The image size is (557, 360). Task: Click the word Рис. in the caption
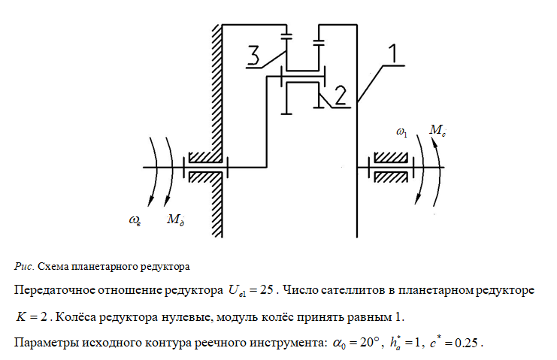[24, 266]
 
